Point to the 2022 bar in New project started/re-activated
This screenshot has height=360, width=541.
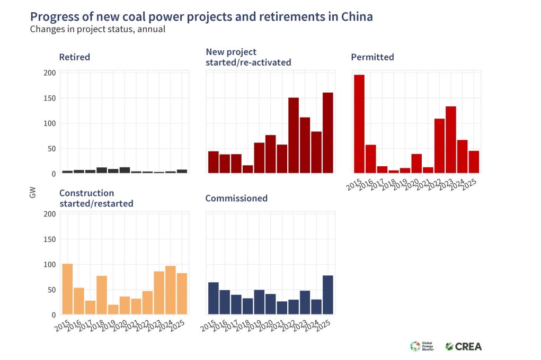point(294,135)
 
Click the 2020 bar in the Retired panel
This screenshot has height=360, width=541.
point(125,170)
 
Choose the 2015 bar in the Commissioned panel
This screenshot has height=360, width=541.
point(214,298)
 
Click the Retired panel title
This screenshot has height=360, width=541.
point(74,57)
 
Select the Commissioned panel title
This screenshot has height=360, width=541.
point(236,199)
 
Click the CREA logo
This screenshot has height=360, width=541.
point(464,346)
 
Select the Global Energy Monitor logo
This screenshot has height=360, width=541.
point(422,346)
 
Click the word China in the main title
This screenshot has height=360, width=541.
point(356,17)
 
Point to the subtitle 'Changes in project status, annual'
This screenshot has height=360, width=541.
point(97,30)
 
